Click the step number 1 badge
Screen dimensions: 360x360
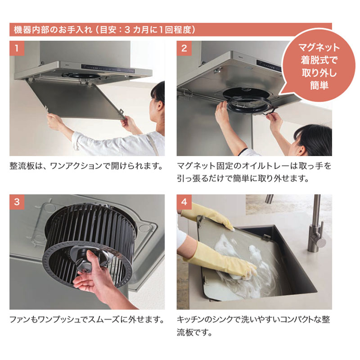click(17, 48)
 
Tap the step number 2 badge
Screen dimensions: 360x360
click(184, 48)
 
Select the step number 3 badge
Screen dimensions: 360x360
click(17, 202)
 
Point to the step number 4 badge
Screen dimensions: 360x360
click(184, 202)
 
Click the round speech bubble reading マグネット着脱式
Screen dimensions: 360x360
click(318, 65)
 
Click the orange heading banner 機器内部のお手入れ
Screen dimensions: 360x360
click(171, 30)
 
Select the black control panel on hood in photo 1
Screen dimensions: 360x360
click(108, 69)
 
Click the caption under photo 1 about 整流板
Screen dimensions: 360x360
click(86, 166)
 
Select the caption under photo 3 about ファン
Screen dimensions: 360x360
click(87, 319)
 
